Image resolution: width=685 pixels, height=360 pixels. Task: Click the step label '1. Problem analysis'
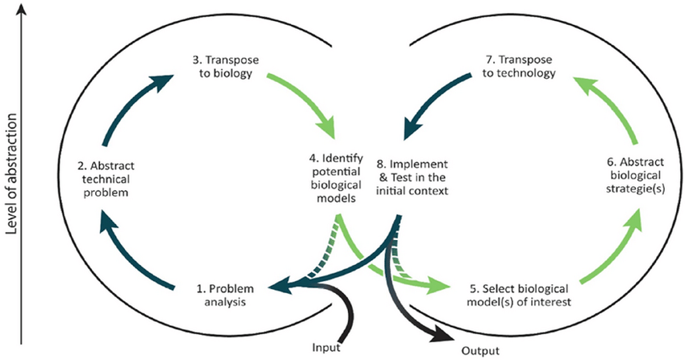[x=225, y=295]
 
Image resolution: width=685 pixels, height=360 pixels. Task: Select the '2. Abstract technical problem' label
[x=106, y=179]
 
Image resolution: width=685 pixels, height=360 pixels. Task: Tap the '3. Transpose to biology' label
[x=226, y=66]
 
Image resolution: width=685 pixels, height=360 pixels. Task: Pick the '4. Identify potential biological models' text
[x=336, y=178]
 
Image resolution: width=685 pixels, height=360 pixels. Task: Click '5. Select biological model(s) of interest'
[x=519, y=295]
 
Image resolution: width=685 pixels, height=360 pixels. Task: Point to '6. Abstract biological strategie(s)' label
[x=636, y=175]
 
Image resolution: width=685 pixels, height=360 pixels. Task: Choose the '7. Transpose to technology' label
[x=519, y=66]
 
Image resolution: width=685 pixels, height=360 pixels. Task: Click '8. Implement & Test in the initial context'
[x=412, y=177]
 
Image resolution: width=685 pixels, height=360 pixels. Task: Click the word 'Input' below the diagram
[x=326, y=348]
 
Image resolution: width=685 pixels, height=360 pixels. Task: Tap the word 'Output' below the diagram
[x=480, y=350]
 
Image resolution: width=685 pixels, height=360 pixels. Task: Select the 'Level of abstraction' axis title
[x=12, y=174]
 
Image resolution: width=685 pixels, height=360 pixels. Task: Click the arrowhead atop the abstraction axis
[x=22, y=9]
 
